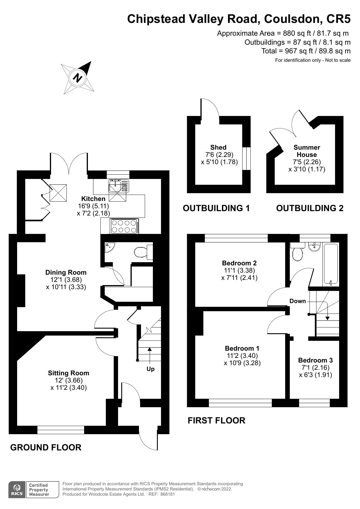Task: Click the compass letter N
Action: click(77, 78)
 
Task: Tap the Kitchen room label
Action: click(93, 199)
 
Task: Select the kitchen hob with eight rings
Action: click(124, 226)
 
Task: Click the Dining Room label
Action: click(66, 272)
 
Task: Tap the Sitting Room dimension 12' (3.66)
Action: click(69, 380)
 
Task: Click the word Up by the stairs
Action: click(151, 369)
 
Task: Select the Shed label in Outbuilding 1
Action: click(218, 147)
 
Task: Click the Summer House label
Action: click(307, 151)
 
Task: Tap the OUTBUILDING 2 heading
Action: click(310, 208)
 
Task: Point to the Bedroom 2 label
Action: click(239, 263)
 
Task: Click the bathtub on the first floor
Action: click(330, 264)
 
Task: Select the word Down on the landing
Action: click(298, 301)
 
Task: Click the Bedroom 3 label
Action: click(315, 360)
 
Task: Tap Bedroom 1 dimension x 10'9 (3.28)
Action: click(242, 363)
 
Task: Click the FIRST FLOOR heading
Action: click(216, 420)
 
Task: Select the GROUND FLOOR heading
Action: click(46, 447)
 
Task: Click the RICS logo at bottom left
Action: click(17, 490)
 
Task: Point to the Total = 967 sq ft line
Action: click(306, 51)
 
